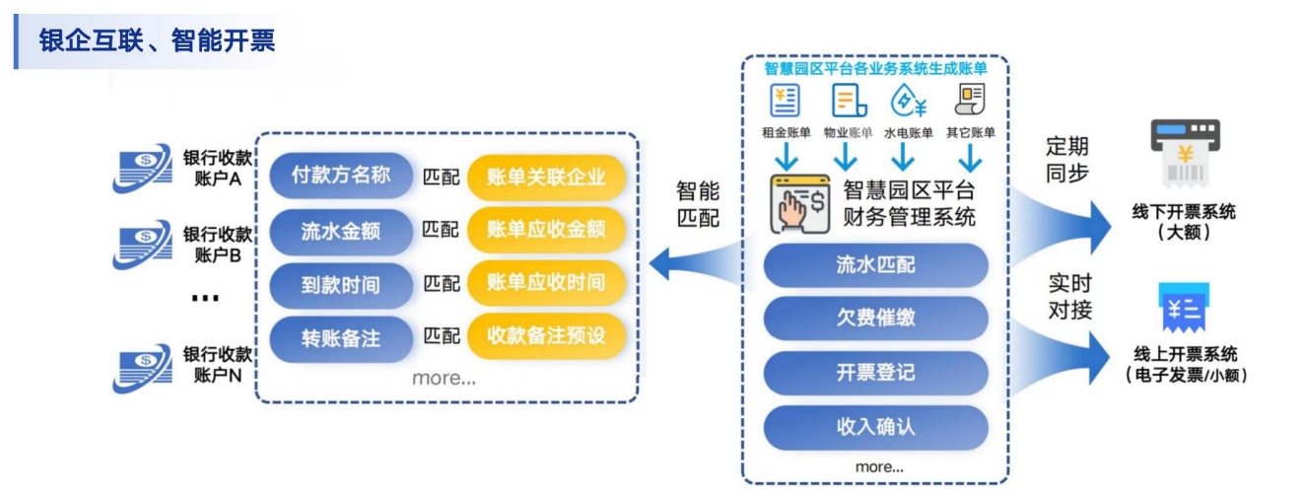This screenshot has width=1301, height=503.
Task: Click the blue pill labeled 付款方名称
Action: (x=341, y=175)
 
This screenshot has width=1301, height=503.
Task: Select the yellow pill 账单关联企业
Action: (x=546, y=177)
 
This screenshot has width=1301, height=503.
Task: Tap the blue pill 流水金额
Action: (x=341, y=232)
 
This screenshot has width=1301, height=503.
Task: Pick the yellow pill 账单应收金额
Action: (x=546, y=229)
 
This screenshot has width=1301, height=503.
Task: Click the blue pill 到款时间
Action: (x=341, y=285)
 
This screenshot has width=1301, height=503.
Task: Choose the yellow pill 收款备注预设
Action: (x=546, y=335)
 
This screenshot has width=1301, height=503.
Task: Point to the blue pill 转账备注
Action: (x=341, y=338)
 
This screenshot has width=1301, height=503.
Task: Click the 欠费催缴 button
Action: (x=876, y=318)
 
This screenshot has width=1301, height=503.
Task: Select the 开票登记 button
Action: (x=876, y=372)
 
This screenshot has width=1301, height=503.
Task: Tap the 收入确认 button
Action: (x=876, y=427)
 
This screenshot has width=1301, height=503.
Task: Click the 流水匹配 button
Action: (x=876, y=265)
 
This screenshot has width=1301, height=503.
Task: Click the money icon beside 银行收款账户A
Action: (x=143, y=168)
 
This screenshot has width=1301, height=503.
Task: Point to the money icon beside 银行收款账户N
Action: (x=143, y=368)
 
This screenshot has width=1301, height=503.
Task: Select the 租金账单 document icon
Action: (x=785, y=100)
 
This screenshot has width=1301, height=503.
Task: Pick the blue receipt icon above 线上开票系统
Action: (x=1184, y=308)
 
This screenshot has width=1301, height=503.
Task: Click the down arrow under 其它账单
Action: (x=970, y=157)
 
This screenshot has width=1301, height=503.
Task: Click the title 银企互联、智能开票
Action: (x=157, y=40)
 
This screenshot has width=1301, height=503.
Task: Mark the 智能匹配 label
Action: (x=698, y=204)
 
